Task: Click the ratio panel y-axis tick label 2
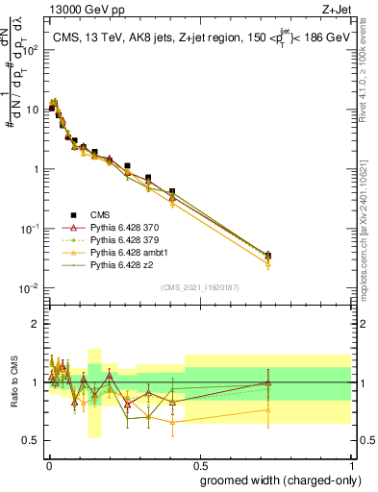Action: coord(36,324)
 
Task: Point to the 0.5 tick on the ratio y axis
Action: coord(32,441)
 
